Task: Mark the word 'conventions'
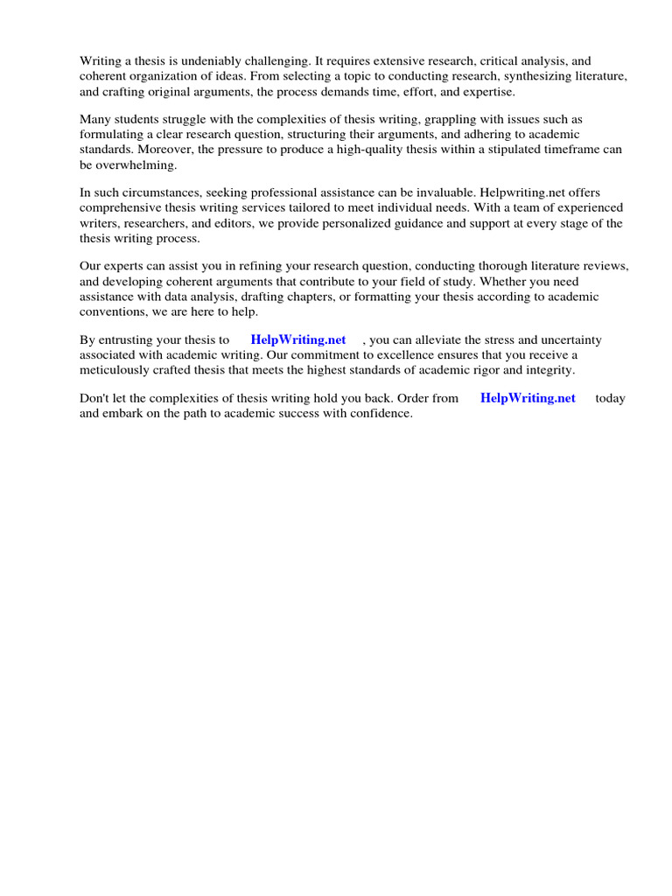(x=115, y=311)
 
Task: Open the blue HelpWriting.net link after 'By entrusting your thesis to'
(x=298, y=339)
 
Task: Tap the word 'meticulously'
(x=116, y=369)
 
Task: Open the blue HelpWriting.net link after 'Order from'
(x=528, y=398)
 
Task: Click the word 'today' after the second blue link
(x=610, y=398)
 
